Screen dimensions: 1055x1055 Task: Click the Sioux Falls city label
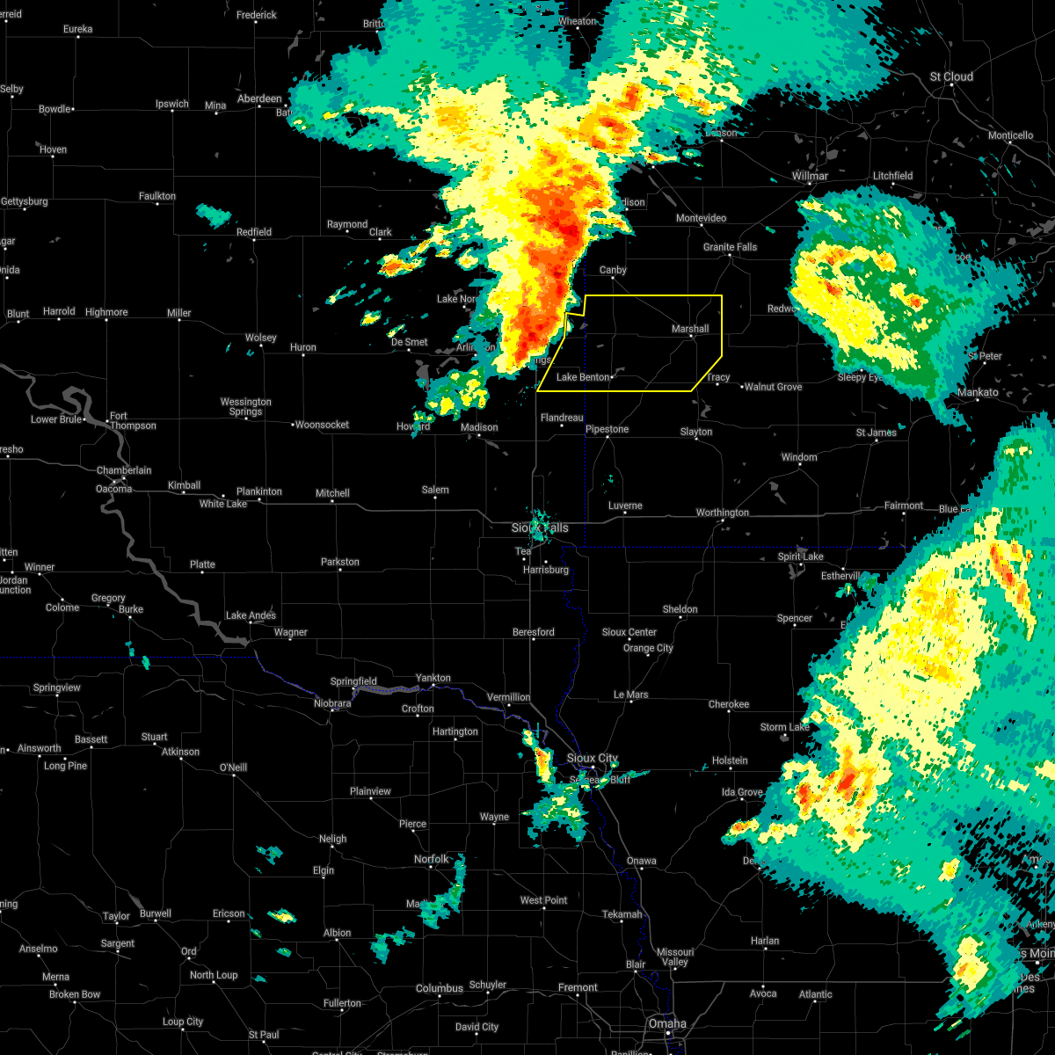(x=540, y=527)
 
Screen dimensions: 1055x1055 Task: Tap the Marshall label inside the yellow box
(x=690, y=329)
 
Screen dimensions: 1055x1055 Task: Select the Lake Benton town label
(x=583, y=377)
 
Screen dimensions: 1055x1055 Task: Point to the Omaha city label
(x=667, y=1023)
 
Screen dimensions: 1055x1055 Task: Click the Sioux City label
(x=593, y=758)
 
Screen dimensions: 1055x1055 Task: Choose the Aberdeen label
(x=259, y=98)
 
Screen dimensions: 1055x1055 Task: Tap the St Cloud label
(x=952, y=76)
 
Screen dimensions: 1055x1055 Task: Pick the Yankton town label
(x=433, y=678)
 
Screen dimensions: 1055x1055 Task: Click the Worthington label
(x=723, y=513)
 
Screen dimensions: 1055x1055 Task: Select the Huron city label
(x=303, y=347)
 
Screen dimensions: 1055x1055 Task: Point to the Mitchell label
(x=332, y=493)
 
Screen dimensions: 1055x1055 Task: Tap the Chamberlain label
(x=124, y=470)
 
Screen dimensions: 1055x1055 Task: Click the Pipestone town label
(x=608, y=429)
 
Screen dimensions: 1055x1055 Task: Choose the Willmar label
(x=810, y=176)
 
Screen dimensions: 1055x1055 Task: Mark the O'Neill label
(x=233, y=768)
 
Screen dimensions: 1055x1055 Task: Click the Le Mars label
(x=631, y=695)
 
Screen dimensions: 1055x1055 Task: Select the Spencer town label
(x=795, y=618)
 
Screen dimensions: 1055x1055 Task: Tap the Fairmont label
(x=904, y=506)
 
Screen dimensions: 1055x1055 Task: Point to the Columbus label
(x=440, y=988)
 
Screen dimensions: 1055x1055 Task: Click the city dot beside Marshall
(x=692, y=338)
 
